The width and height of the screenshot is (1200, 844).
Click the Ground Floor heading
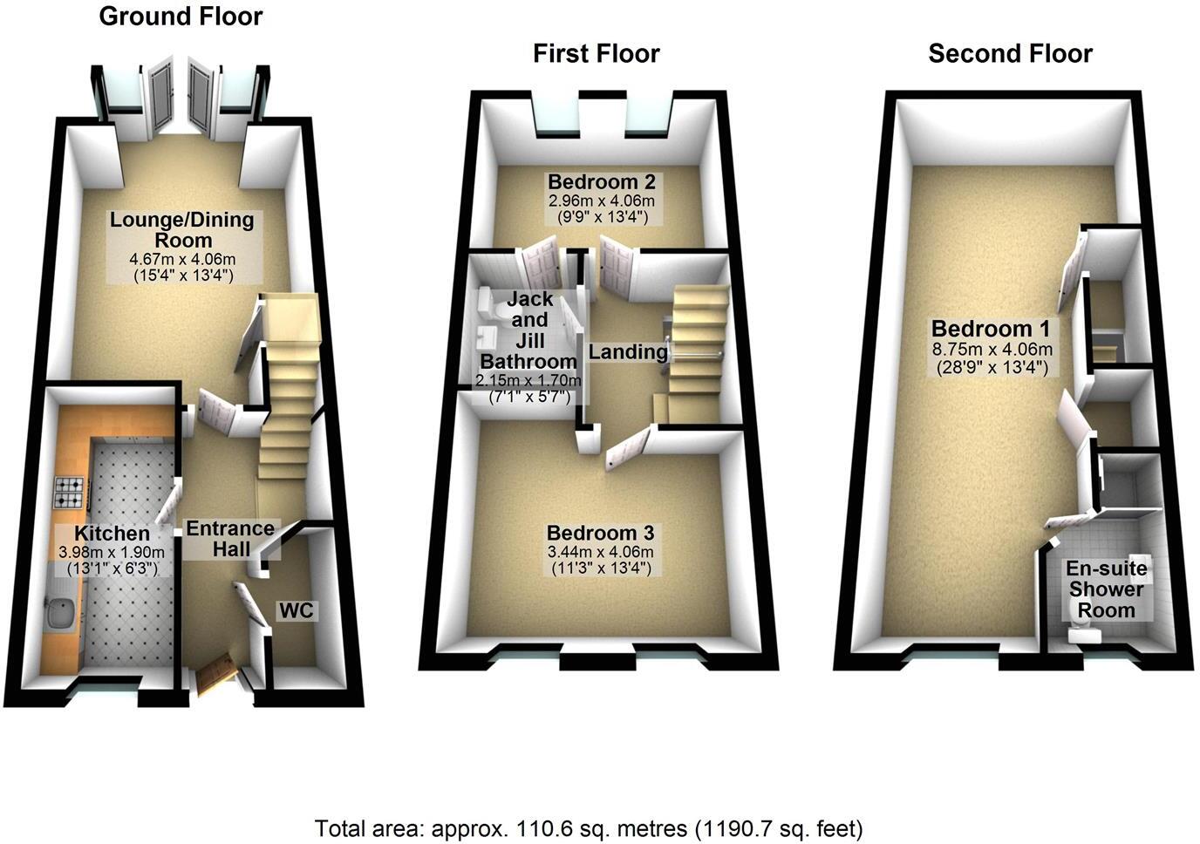click(181, 17)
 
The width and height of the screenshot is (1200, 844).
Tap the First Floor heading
click(597, 54)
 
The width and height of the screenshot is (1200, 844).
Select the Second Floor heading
click(1010, 54)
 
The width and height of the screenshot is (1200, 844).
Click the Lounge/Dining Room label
click(182, 229)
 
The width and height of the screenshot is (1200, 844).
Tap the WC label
click(296, 611)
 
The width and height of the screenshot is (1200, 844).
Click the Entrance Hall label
click(230, 538)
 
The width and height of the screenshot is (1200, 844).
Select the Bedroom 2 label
click(601, 182)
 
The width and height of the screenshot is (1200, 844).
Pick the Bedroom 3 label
click(600, 533)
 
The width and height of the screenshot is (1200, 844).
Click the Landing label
click(628, 352)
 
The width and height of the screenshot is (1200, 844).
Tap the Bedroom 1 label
click(992, 329)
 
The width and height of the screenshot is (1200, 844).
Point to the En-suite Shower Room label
click(1106, 589)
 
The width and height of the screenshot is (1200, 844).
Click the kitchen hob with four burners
click(70, 493)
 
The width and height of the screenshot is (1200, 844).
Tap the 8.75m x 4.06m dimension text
click(992, 350)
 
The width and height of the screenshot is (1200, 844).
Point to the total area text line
click(590, 827)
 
